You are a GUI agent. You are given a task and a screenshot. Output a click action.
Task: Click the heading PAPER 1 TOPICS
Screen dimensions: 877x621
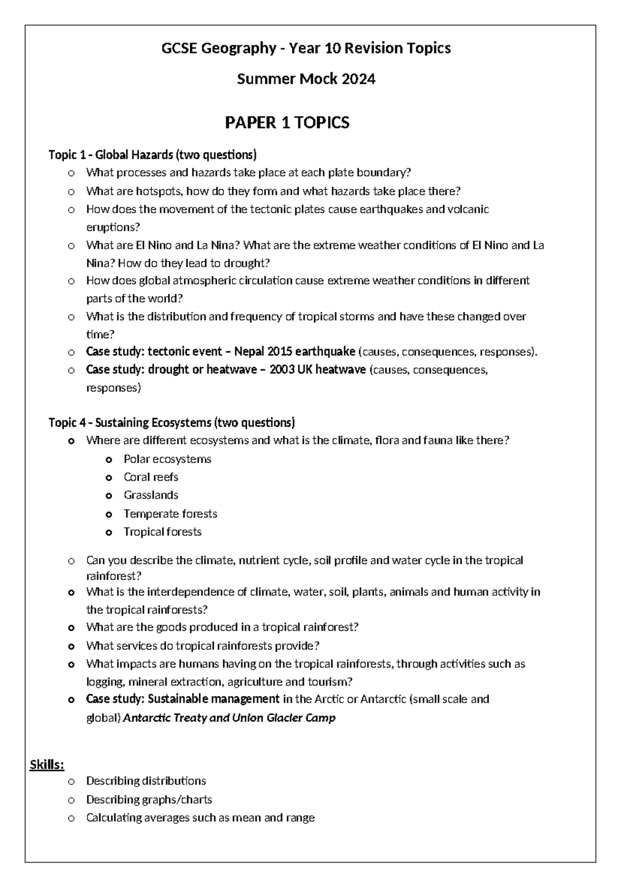(287, 123)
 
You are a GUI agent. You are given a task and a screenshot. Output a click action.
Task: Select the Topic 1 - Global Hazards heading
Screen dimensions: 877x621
(152, 155)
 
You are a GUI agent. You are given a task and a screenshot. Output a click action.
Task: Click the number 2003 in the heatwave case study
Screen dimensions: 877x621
(283, 370)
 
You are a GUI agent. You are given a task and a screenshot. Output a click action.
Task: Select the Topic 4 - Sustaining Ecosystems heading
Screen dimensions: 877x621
(171, 422)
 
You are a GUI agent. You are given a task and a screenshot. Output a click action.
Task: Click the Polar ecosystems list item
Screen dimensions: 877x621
(167, 459)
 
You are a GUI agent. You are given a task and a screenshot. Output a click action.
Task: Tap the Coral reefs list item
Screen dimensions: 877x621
(151, 477)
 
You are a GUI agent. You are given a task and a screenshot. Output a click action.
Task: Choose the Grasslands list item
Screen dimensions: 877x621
(151, 495)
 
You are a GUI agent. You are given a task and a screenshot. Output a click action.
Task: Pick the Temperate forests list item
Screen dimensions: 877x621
(170, 514)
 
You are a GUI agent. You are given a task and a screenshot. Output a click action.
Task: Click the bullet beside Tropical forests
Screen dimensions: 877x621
(109, 532)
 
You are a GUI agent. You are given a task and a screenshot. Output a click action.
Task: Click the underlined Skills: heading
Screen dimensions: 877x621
(47, 764)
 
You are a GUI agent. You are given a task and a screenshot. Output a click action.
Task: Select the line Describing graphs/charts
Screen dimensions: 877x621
(149, 800)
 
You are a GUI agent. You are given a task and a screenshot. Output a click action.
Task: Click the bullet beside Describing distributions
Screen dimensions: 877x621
(71, 781)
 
